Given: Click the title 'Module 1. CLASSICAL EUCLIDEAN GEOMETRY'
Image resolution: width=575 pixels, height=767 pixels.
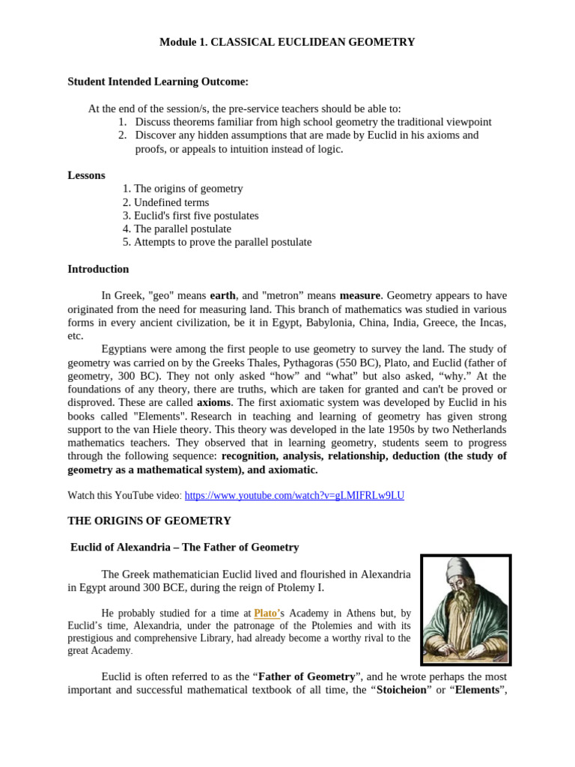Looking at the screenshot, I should click(x=287, y=43).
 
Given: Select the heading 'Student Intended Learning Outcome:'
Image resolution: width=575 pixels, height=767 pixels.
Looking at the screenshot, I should click(x=158, y=82).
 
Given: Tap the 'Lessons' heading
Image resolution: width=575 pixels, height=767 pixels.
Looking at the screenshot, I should click(x=86, y=175).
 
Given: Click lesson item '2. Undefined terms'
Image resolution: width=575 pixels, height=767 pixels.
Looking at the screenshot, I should click(x=165, y=202).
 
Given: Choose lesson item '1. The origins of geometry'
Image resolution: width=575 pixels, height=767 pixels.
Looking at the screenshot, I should click(x=183, y=189).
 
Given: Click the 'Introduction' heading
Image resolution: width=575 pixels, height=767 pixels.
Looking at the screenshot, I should click(x=98, y=269).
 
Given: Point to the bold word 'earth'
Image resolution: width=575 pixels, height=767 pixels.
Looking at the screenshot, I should click(x=223, y=296).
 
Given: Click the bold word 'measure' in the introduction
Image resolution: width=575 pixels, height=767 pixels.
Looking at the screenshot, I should click(x=360, y=296).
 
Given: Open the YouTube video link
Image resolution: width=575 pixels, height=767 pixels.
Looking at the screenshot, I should click(x=294, y=496).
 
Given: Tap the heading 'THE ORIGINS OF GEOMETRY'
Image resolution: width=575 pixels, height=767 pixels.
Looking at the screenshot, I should click(x=150, y=521).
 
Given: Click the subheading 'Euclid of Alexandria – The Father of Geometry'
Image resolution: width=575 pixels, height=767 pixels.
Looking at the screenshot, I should click(x=184, y=548).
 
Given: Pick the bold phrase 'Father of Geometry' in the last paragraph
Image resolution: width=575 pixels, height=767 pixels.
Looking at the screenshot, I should click(x=307, y=676).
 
